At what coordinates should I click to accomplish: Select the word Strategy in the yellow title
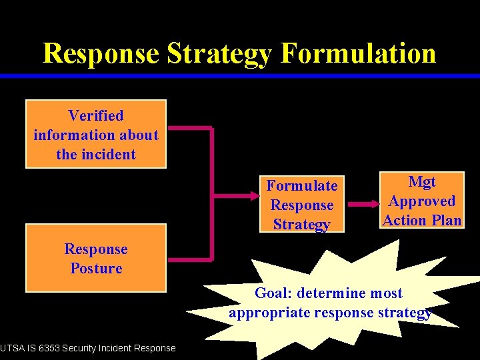pos(223,54)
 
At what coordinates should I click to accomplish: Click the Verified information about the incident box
pos(96,134)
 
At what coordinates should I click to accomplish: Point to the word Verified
pos(96,116)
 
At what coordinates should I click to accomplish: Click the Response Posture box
pos(96,258)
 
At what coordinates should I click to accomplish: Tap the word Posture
pos(96,269)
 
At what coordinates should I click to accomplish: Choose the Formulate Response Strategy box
pos(301,204)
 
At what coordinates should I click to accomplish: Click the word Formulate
pos(301,185)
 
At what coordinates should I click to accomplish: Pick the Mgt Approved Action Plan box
pos(422,201)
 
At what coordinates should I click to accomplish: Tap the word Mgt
pos(422,182)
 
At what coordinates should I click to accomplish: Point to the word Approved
pos(422,201)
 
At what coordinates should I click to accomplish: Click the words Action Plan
pos(422,220)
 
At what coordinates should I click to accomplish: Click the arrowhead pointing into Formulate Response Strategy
pos(255,197)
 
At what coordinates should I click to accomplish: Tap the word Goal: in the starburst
pos(274,293)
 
